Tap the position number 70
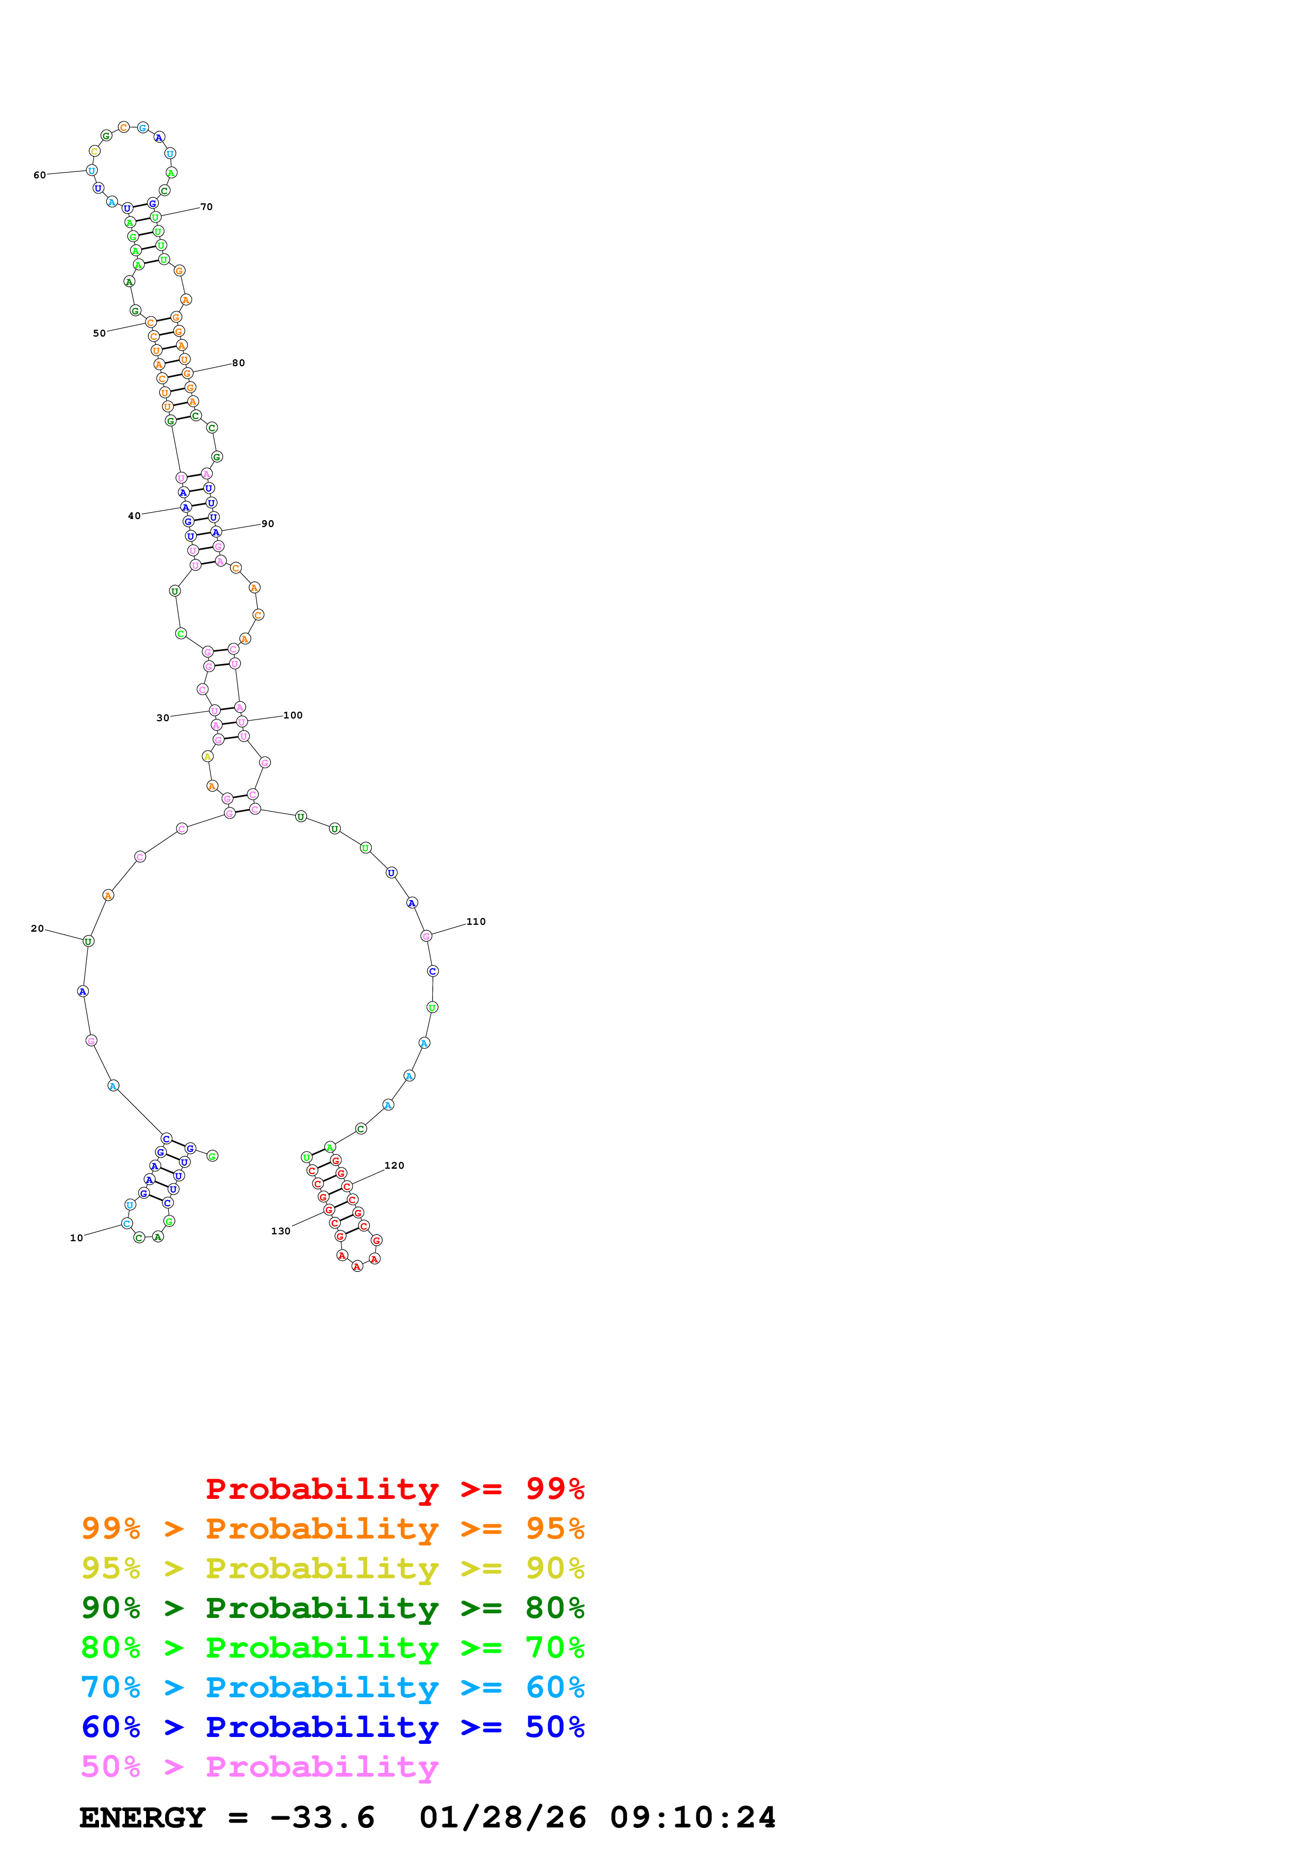point(207,207)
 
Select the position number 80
point(239,363)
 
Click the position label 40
point(134,516)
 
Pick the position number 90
point(268,524)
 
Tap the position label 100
point(293,715)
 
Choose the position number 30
point(162,718)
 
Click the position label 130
point(281,1231)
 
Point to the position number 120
point(394,1166)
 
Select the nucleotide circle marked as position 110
point(426,936)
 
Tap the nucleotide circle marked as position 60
point(92,170)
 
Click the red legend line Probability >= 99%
point(394,1488)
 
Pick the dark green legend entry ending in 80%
point(332,1608)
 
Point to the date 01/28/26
point(503,1817)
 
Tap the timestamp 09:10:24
point(693,1817)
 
